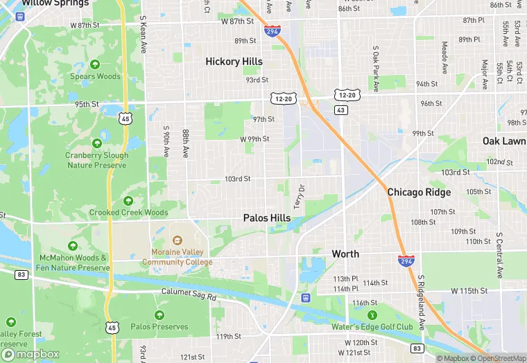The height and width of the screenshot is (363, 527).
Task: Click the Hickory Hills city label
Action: (x=234, y=62)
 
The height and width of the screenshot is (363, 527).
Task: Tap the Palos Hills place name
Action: (x=267, y=218)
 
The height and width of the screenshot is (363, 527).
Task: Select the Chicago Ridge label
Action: (x=419, y=192)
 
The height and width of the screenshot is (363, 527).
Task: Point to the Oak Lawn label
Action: (x=504, y=141)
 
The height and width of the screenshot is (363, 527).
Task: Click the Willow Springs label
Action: (x=55, y=3)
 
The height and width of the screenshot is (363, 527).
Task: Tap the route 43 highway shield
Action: (x=340, y=110)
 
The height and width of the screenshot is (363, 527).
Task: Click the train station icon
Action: (x=305, y=298)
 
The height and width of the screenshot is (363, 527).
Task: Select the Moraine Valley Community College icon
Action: (x=177, y=242)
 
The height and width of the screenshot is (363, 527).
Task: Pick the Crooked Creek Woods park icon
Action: (x=128, y=200)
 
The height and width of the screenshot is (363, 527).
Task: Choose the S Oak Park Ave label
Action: (x=375, y=69)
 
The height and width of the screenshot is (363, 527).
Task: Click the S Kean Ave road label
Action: (x=144, y=37)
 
